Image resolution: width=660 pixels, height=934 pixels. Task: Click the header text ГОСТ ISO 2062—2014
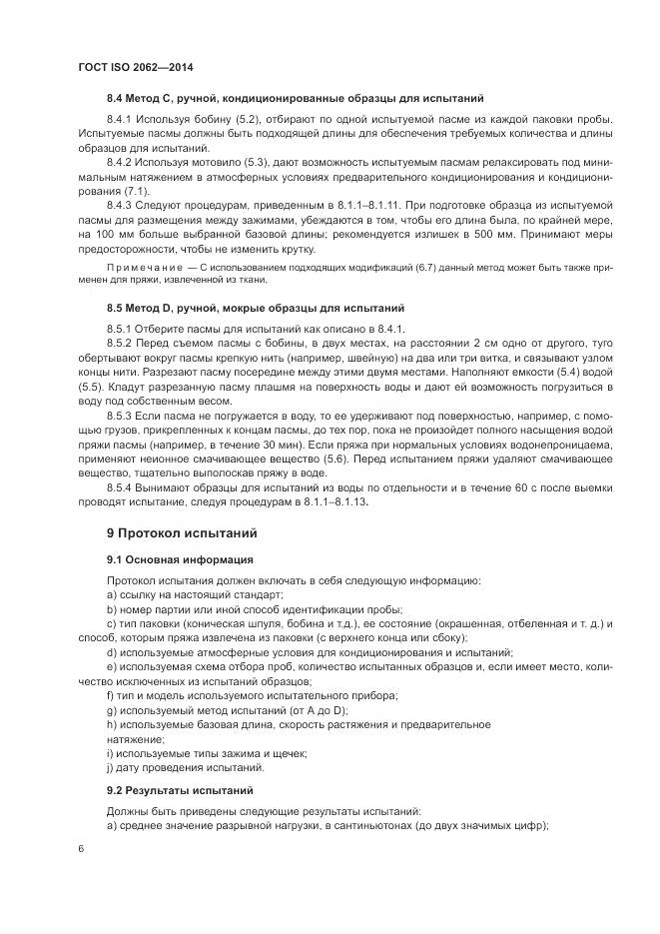click(135, 67)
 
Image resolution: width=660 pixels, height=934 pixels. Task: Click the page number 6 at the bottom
click(80, 848)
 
